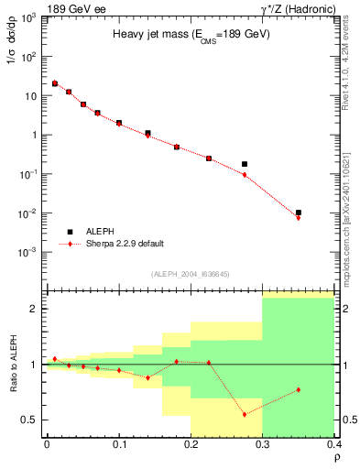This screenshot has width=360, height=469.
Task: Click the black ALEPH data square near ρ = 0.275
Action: (245, 164)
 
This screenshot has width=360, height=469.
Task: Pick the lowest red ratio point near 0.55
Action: (245, 414)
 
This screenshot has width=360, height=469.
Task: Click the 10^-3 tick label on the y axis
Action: (32, 252)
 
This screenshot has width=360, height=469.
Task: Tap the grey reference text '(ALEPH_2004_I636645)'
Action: (190, 274)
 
